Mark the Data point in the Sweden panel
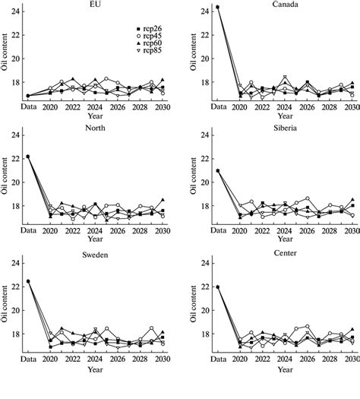coord(28,281)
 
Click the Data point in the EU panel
coord(28,96)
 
